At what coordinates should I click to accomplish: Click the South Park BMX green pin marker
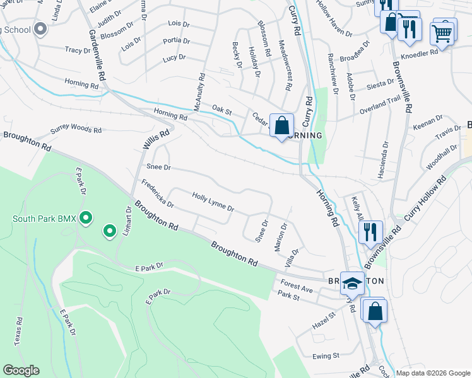click(86, 219)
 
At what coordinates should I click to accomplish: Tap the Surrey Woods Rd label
click(76, 130)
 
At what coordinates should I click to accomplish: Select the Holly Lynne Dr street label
click(213, 202)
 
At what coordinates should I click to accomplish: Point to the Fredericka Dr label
click(157, 195)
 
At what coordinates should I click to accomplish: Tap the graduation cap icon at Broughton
click(353, 283)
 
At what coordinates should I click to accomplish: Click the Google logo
click(20, 370)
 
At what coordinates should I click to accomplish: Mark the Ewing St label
click(326, 356)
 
